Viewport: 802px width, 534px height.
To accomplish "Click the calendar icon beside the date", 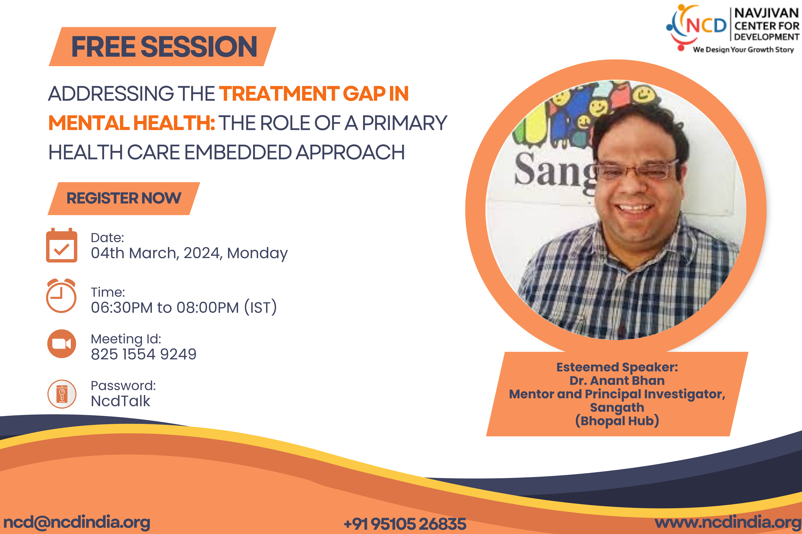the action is click(62, 245).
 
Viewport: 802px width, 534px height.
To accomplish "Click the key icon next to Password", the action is click(62, 394).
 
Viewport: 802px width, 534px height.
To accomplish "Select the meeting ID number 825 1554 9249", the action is click(144, 354).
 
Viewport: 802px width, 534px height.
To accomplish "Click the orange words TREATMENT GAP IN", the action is click(314, 94).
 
